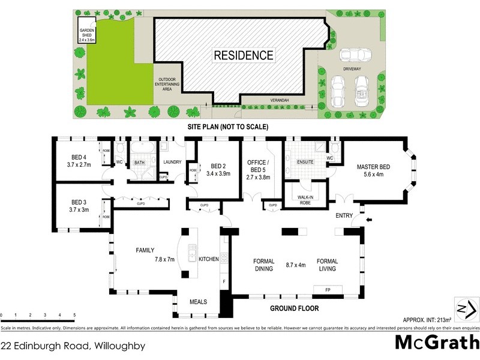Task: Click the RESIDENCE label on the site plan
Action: [244, 56]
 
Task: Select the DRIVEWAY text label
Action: [352, 70]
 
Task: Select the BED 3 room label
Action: [79, 202]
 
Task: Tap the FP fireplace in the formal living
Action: [328, 290]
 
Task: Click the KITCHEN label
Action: [209, 259]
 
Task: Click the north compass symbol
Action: [466, 309]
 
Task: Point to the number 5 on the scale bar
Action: [74, 315]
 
